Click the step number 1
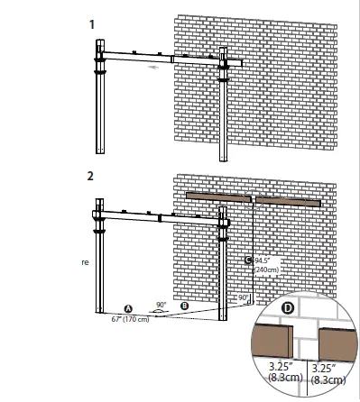(x=92, y=22)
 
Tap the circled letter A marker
(x=129, y=308)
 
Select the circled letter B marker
(x=185, y=306)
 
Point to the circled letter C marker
(x=249, y=260)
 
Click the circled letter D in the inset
(x=288, y=309)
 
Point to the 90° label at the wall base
(x=241, y=297)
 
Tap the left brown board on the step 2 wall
(x=218, y=196)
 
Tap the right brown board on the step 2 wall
(x=288, y=198)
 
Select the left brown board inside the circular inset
(x=272, y=343)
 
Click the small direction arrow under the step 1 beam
(x=157, y=66)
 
